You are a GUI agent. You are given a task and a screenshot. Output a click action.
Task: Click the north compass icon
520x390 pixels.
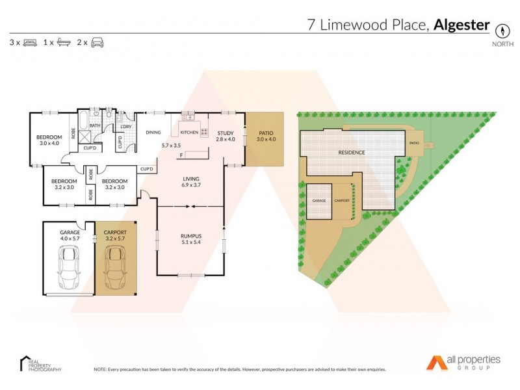pos(502,30)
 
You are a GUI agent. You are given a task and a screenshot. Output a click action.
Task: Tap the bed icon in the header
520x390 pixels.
pos(30,43)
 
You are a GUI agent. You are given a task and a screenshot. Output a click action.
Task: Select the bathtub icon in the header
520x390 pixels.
pos(64,43)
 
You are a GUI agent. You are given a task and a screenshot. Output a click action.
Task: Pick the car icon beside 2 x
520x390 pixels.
pos(97,43)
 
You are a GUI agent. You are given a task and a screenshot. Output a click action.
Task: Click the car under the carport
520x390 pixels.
pos(116,268)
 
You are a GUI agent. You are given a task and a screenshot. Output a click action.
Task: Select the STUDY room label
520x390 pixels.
pos(226,133)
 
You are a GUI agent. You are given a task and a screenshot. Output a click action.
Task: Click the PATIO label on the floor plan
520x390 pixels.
pos(266,133)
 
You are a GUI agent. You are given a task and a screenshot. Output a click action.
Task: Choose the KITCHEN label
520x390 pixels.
pos(189,133)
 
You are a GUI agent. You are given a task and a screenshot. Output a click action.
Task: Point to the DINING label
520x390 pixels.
pos(153,133)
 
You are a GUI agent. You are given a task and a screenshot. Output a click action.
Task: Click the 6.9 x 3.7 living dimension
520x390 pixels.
pos(190,186)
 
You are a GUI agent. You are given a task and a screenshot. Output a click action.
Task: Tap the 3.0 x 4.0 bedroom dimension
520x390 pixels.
pos(49,144)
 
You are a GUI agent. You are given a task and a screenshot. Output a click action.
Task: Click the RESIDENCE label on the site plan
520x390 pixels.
pos(351,153)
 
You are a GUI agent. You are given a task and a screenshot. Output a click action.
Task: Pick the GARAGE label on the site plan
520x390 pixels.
pos(318,201)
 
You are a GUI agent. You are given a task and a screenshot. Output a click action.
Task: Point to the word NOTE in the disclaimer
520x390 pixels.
pos(100,369)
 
